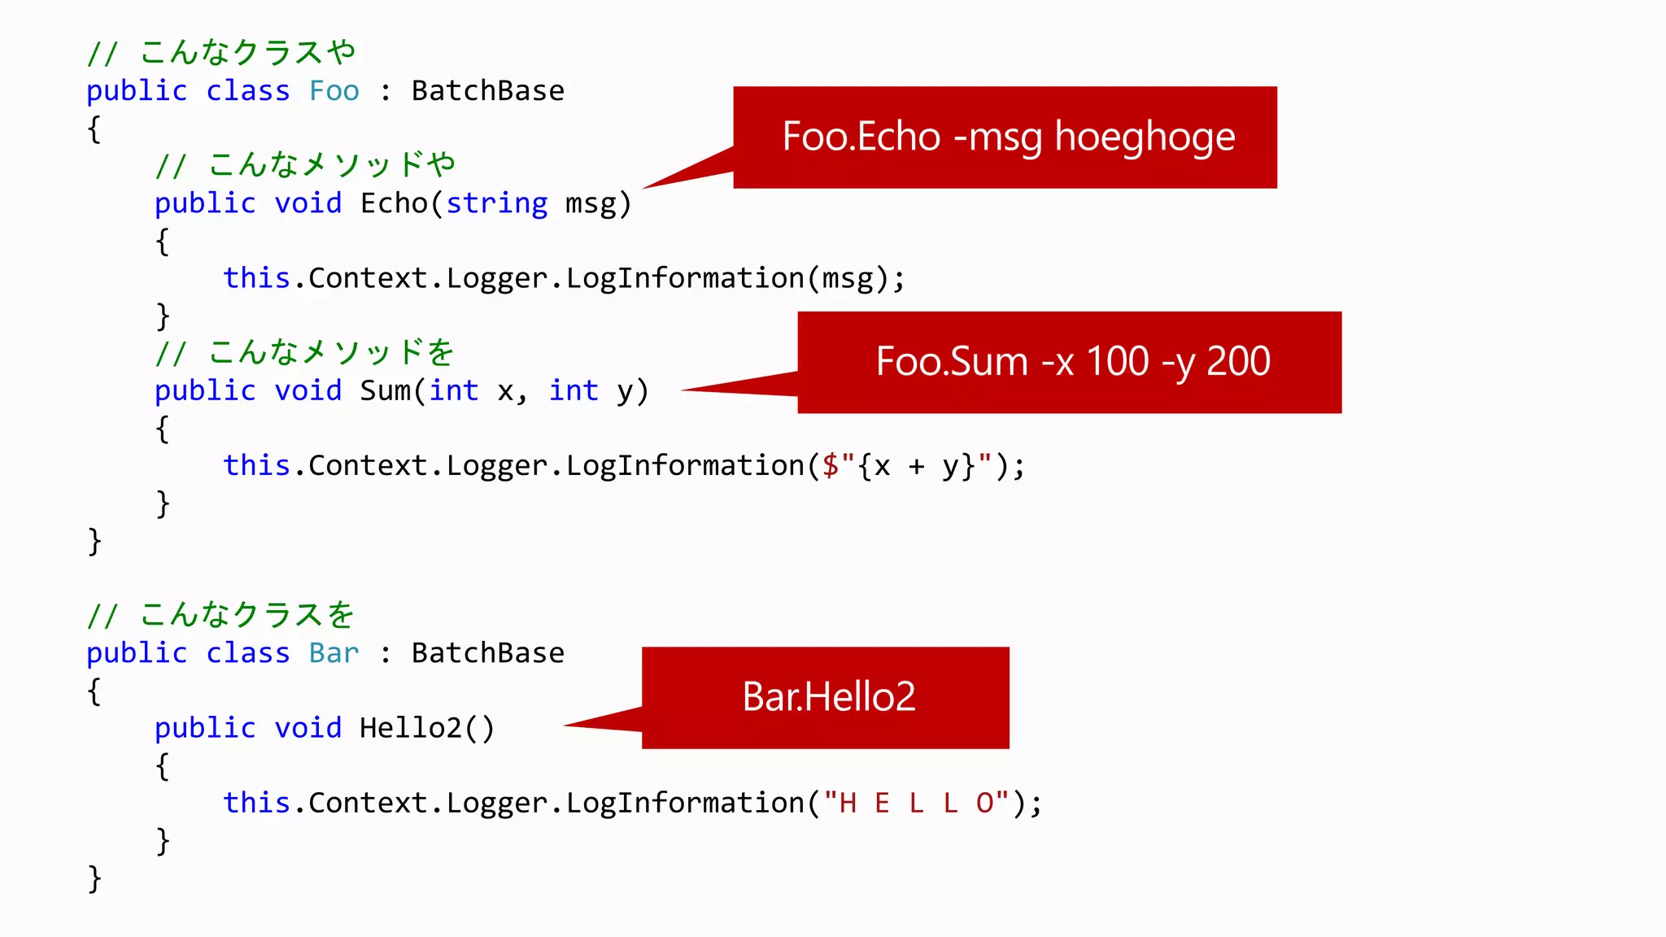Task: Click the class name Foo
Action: pos(334,91)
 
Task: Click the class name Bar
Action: pos(334,653)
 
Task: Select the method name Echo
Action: pos(394,203)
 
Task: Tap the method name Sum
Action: pos(385,391)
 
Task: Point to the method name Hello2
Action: pos(411,728)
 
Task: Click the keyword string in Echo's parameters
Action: pos(497,203)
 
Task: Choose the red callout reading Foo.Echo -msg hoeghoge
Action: pos(1005,137)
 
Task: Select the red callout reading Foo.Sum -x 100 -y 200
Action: pos(1069,362)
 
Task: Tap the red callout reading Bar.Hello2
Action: pos(826,697)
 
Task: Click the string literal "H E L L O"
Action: pos(917,804)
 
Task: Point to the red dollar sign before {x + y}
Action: pos(831,466)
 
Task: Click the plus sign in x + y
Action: pos(917,467)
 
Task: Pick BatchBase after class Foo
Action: pos(487,91)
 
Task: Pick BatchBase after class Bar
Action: pos(487,653)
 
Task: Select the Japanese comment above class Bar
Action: pos(221,616)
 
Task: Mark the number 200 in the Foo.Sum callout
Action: pos(1238,362)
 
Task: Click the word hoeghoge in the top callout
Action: pos(1145,137)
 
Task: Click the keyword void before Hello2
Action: pos(308,728)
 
